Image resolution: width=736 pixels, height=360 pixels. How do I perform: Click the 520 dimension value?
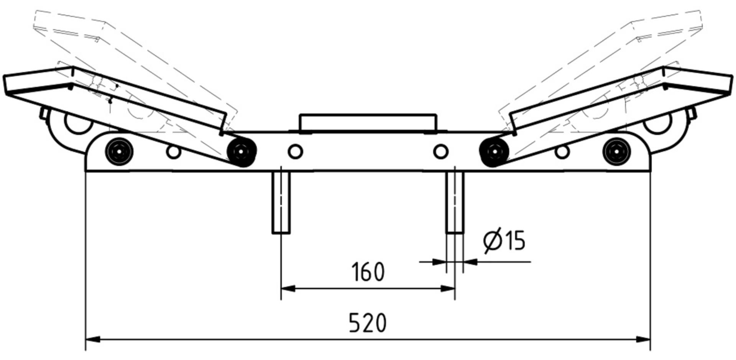click(367, 323)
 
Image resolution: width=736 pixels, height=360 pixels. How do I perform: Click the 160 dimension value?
click(368, 272)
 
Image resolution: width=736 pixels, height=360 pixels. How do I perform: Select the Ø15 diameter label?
click(504, 240)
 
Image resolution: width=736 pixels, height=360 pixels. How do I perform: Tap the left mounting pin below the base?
click(281, 202)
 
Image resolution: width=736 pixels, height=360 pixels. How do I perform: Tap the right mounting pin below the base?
click(455, 202)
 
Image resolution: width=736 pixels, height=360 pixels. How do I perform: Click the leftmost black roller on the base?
click(119, 151)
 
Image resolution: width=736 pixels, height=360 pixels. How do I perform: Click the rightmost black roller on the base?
click(616, 151)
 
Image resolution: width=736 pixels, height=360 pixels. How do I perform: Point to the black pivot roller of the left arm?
click(241, 152)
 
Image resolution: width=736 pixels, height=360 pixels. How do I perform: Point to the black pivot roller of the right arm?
click(494, 152)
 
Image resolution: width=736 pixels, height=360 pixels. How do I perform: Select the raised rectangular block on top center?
click(368, 123)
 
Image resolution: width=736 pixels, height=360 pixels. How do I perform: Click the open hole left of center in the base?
click(295, 151)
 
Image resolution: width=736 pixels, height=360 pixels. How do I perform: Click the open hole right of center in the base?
click(440, 151)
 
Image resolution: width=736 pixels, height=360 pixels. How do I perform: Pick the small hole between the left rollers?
click(174, 152)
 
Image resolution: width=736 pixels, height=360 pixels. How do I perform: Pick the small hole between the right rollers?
click(562, 152)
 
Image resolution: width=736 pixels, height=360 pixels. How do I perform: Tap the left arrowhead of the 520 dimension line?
click(92, 339)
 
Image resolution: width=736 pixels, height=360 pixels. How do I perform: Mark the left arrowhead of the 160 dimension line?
click(288, 288)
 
